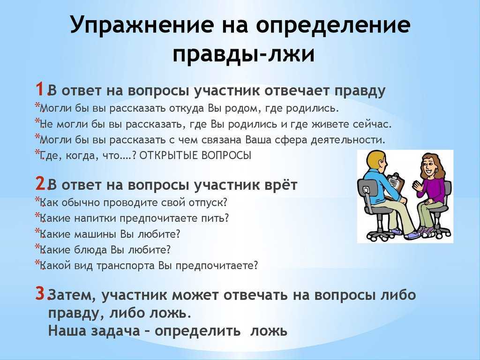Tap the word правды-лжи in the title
[244, 54]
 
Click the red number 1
[41, 89]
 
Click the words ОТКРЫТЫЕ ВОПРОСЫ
[195, 156]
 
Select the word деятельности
[348, 140]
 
